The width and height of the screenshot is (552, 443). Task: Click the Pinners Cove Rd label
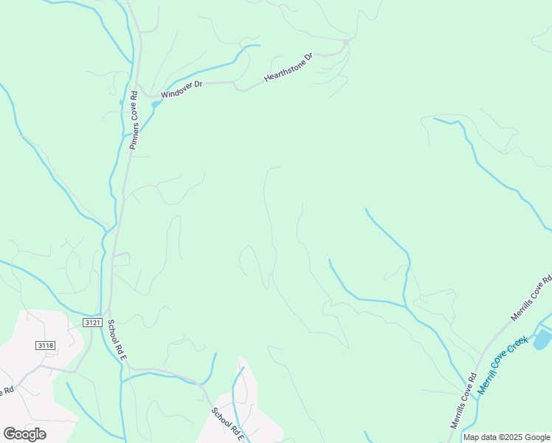click(134, 120)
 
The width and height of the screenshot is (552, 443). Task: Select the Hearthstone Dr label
click(289, 67)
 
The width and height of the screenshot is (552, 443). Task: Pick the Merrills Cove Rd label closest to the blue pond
click(531, 298)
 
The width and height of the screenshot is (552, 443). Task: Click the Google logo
click(24, 434)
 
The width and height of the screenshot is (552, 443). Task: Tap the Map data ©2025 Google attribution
click(507, 438)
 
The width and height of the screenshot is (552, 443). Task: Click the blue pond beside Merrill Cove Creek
click(542, 339)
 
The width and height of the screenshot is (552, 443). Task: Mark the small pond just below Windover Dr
click(155, 104)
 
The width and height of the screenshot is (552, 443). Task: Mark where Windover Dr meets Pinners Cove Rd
click(140, 93)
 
